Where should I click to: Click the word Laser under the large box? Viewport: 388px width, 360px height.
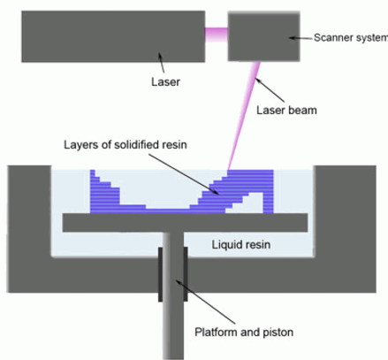pyautogui.click(x=165, y=81)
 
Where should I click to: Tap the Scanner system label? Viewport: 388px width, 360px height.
pyautogui.click(x=351, y=38)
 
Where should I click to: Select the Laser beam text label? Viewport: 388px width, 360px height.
pyautogui.click(x=286, y=111)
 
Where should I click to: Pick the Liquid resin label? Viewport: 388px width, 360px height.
pyautogui.click(x=241, y=244)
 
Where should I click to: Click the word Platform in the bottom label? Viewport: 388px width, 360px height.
pyautogui.click(x=216, y=332)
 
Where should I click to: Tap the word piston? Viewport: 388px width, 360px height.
pyautogui.click(x=278, y=333)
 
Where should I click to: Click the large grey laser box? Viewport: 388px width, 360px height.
pyautogui.click(x=113, y=36)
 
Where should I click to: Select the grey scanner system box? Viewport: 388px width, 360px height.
pyautogui.click(x=264, y=36)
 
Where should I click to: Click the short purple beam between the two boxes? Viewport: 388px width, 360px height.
pyautogui.click(x=217, y=34)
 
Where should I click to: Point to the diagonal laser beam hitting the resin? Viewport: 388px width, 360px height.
pyautogui.click(x=244, y=116)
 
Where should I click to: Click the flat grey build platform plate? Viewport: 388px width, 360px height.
pyautogui.click(x=185, y=223)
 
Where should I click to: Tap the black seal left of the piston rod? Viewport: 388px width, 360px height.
pyautogui.click(x=161, y=274)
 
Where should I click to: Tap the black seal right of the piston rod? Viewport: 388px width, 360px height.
pyautogui.click(x=186, y=274)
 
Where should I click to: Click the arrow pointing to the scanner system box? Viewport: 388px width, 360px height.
pyautogui.click(x=301, y=38)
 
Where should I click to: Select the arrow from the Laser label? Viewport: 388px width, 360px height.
pyautogui.click(x=161, y=62)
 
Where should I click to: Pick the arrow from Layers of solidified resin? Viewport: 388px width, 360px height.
pyautogui.click(x=184, y=174)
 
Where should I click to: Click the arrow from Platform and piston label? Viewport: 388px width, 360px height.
pyautogui.click(x=205, y=302)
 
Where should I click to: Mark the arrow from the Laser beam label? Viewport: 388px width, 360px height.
pyautogui.click(x=270, y=89)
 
